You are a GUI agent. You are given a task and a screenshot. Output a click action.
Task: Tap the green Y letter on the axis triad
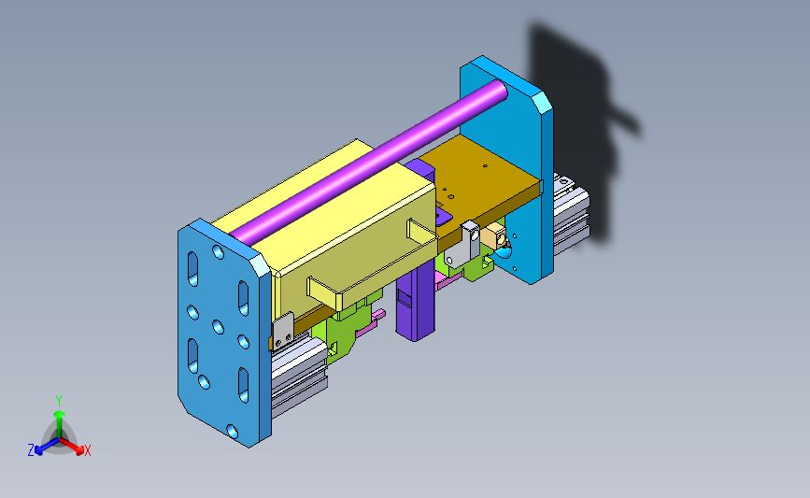(59, 401)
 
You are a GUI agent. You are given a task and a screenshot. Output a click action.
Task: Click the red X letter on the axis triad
(87, 450)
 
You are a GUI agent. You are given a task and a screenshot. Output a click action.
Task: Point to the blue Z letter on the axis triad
(31, 450)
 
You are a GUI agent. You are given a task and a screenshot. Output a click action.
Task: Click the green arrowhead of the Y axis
(60, 414)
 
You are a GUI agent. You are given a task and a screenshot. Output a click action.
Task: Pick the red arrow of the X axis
(72, 446)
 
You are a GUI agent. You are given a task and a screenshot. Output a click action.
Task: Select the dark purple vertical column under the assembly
(416, 300)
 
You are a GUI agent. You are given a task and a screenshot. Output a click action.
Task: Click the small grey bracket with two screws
(282, 331)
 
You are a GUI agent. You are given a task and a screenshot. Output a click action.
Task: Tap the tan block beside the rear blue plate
(493, 236)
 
